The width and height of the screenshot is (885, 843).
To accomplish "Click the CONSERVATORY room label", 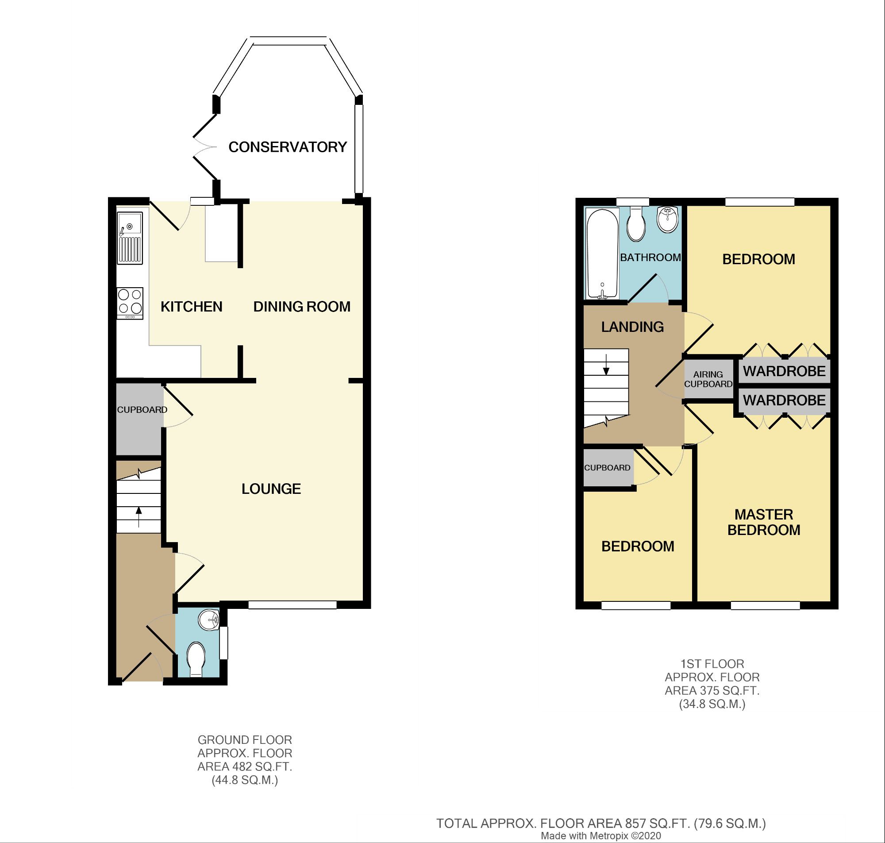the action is [288, 147].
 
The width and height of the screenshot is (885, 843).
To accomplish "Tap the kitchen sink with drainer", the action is [130, 238].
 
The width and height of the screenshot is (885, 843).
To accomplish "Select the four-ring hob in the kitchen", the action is [130, 303].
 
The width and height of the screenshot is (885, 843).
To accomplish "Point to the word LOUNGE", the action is [271, 489].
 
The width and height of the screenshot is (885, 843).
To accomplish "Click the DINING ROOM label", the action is [302, 307].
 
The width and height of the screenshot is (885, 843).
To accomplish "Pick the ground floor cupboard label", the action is [142, 410].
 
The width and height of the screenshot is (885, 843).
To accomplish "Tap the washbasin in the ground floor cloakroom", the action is [208, 620].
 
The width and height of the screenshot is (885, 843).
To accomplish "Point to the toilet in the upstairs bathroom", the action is [636, 224].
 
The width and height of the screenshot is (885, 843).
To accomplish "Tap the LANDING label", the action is [632, 327].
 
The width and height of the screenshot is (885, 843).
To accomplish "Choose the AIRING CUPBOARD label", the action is [708, 379].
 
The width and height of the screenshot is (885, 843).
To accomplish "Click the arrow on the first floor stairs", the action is [606, 365].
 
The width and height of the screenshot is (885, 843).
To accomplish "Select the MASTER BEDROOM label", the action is [764, 522].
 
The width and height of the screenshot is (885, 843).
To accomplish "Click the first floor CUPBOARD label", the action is [608, 468].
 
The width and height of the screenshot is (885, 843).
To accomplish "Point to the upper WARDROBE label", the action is [785, 371].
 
